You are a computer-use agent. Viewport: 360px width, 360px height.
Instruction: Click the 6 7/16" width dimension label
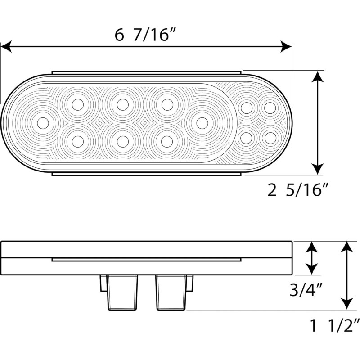point(144,36)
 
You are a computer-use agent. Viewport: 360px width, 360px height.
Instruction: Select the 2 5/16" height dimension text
point(297,191)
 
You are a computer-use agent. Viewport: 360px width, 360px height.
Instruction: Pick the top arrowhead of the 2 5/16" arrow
point(318,76)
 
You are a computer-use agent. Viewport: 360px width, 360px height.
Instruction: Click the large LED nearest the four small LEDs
point(202,122)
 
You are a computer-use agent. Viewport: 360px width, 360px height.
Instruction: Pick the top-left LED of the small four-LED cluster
point(246,108)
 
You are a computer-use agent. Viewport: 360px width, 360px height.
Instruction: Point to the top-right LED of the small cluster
point(270,108)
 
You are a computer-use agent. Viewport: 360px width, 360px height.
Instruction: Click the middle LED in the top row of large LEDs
point(122,104)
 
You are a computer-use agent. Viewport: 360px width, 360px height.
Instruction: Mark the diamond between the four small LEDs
point(258,123)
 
